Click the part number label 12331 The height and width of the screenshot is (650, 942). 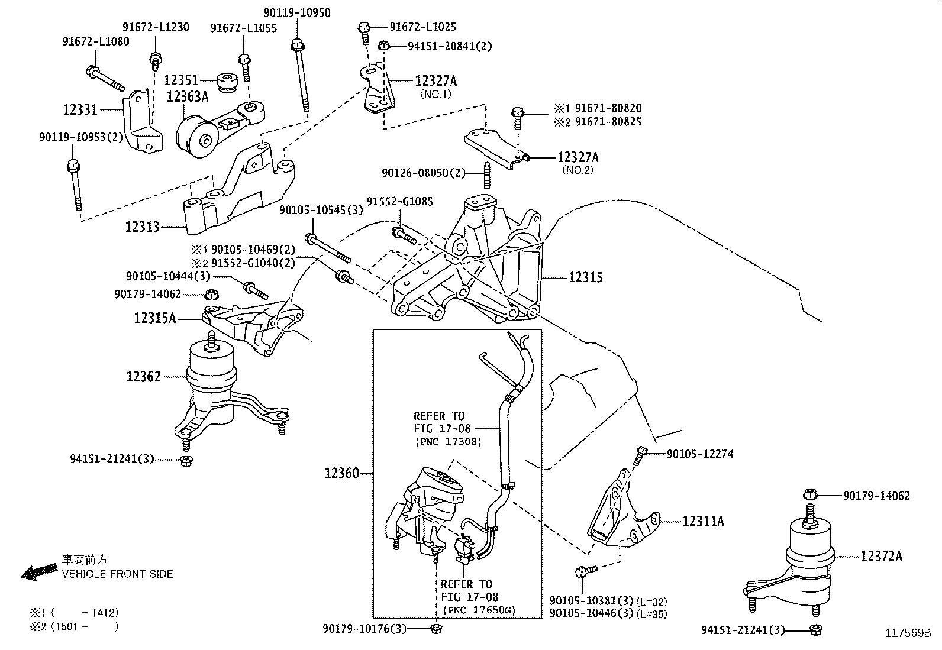[80, 109]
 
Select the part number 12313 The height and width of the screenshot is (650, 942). [142, 227]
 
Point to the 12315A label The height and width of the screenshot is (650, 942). [154, 318]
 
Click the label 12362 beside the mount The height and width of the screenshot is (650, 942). [143, 376]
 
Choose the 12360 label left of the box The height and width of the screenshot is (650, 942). [341, 473]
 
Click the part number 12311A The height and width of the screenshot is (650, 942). [703, 521]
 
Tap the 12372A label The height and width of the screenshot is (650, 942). [881, 556]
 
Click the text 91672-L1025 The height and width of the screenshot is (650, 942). [422, 27]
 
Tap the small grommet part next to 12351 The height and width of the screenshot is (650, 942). [227, 82]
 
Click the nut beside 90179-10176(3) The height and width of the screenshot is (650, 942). [437, 628]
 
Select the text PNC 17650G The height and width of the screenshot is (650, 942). [479, 610]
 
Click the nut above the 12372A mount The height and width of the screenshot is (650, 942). [811, 496]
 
